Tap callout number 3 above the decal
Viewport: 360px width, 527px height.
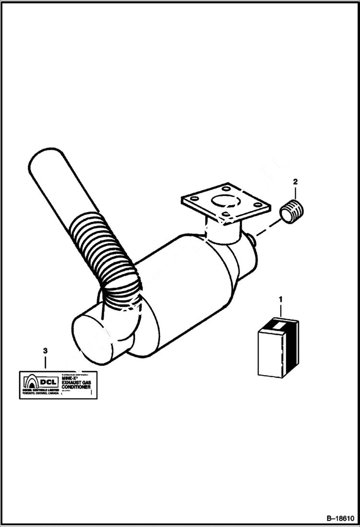click(x=45, y=351)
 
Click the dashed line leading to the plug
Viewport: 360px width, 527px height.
click(x=268, y=227)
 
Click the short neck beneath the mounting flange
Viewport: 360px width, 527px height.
click(x=222, y=230)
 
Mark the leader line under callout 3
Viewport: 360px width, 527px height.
click(x=45, y=363)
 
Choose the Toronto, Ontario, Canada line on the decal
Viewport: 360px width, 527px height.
click(x=40, y=393)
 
